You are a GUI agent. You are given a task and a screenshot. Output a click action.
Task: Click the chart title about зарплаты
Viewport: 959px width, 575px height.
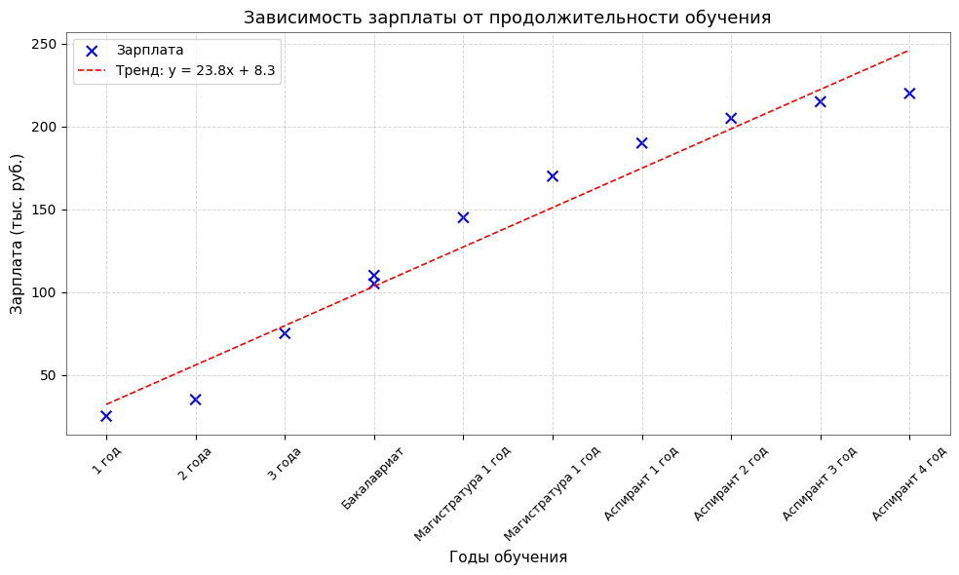coord(507,18)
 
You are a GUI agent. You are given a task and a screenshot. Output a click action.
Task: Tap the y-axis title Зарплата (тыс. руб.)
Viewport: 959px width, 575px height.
coord(17,233)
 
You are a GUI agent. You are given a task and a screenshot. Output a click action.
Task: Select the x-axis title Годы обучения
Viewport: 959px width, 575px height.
coord(508,557)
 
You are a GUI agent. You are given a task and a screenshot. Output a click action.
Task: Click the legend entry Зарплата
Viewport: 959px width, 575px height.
coord(149,51)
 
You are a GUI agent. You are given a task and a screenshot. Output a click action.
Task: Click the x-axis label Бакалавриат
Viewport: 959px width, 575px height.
coord(373,477)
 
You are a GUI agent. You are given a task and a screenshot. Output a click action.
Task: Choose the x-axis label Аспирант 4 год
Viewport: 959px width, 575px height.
coord(908,482)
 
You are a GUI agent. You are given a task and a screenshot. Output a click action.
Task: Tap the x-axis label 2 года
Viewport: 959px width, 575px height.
coord(195,462)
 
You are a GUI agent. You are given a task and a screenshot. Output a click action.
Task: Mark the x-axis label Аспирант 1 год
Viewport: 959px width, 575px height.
coord(640,482)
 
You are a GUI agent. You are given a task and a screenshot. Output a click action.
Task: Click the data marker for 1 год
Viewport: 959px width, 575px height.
coord(106,416)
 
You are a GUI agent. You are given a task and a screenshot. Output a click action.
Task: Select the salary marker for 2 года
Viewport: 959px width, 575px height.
coord(195,400)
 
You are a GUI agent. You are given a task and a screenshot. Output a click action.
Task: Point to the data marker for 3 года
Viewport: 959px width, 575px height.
coord(285,333)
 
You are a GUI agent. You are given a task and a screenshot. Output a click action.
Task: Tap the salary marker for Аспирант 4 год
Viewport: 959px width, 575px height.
coord(909,94)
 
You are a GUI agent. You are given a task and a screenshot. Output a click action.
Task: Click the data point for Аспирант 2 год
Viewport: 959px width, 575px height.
coord(731,118)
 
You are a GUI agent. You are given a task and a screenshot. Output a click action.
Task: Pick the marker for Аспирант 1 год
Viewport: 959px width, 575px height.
coord(641,143)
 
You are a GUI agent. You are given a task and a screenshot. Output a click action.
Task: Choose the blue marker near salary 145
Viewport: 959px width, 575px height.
coord(463,217)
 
